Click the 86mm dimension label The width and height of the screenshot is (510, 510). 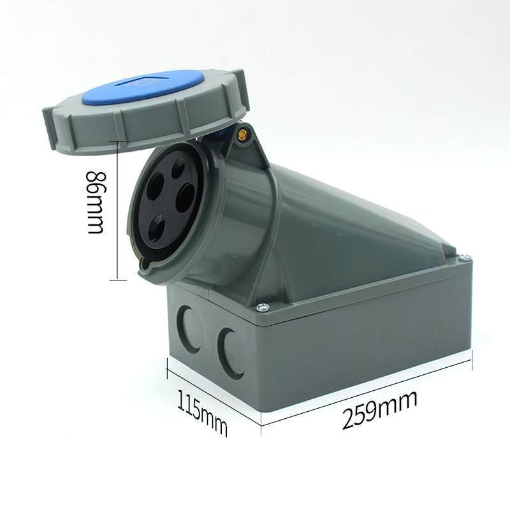pyautogui.click(x=96, y=202)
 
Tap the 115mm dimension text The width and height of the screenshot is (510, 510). pyautogui.click(x=202, y=414)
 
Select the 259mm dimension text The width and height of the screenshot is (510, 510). pyautogui.click(x=379, y=411)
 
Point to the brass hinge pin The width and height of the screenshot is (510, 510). pyautogui.click(x=242, y=133)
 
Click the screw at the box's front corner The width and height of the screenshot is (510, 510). pyautogui.click(x=263, y=307)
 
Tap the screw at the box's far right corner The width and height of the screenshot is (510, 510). pyautogui.click(x=466, y=258)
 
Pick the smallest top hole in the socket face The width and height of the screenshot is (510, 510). pyautogui.click(x=178, y=168)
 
